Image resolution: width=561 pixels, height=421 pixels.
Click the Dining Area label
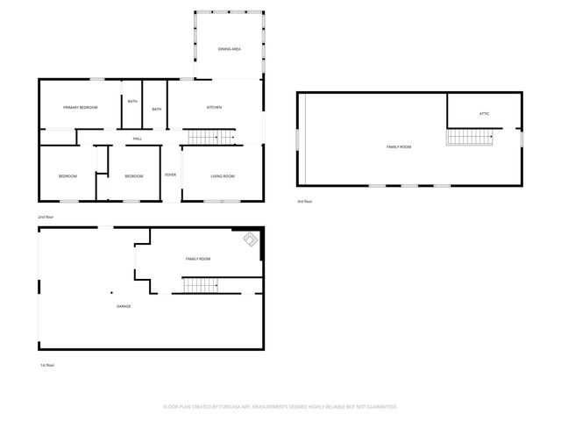(x=230, y=48)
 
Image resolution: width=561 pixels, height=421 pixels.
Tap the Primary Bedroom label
(x=80, y=107)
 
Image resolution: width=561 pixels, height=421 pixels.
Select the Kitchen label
(x=214, y=107)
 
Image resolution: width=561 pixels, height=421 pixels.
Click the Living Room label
(x=222, y=176)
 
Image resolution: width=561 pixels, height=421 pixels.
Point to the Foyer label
(x=170, y=175)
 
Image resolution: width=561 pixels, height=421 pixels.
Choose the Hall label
(x=138, y=139)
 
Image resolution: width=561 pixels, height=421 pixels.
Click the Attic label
(x=484, y=114)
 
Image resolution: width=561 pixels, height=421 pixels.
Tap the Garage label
(x=124, y=305)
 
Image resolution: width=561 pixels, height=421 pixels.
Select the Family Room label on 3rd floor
(x=399, y=146)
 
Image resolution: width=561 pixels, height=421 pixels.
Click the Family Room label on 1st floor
(x=198, y=259)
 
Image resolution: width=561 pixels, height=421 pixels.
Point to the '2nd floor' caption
(x=46, y=216)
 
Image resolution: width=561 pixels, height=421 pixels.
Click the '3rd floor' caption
(x=304, y=201)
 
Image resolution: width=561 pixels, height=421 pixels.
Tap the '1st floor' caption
(x=46, y=365)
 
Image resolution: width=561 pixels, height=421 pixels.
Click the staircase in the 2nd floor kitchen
(x=211, y=137)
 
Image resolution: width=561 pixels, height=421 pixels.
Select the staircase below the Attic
(x=469, y=137)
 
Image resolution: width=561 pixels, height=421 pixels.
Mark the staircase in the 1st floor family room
(x=201, y=284)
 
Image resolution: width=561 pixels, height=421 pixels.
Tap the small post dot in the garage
(x=111, y=292)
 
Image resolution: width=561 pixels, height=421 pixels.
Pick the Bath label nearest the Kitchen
(x=156, y=109)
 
